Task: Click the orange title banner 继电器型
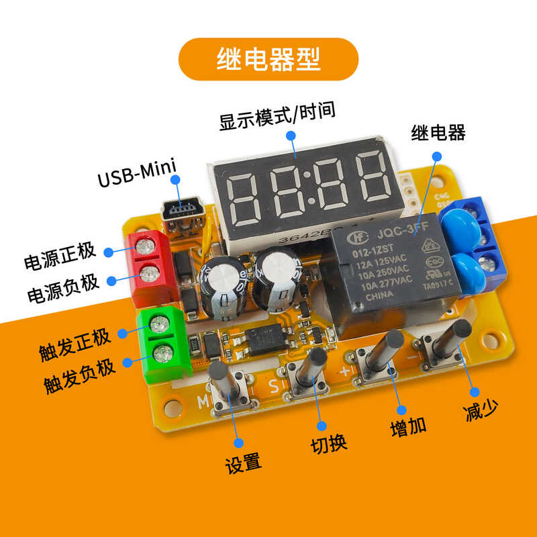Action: [x=268, y=59]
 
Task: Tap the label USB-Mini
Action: [x=136, y=181]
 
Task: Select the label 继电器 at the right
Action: [x=438, y=132]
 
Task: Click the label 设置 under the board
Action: [x=243, y=462]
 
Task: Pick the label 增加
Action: [x=408, y=428]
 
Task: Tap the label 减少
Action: [x=481, y=410]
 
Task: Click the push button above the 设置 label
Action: [x=226, y=388]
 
